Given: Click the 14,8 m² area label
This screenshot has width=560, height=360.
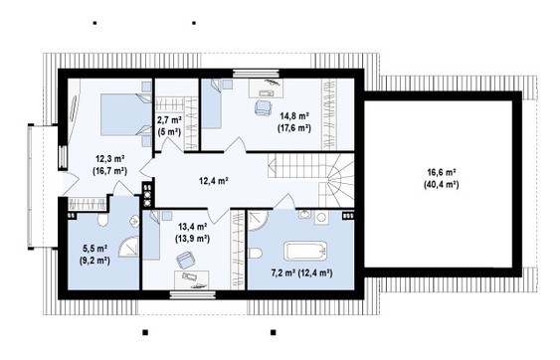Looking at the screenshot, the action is coord(294,115).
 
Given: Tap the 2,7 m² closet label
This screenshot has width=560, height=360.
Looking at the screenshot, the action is coord(169,119).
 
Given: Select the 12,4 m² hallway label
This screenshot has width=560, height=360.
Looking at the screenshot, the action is coord(214,181).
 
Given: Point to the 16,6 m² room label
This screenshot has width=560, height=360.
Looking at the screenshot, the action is coord(442,172).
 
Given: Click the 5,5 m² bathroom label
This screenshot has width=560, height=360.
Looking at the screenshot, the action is coord(94,248).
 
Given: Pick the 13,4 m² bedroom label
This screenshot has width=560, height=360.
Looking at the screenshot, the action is coord(193,227).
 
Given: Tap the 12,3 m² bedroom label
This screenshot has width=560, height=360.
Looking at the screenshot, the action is coord(109,158).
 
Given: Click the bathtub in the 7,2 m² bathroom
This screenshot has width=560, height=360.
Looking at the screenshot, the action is coord(305,251).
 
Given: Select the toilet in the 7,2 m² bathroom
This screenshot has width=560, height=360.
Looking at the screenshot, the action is coord(256,254).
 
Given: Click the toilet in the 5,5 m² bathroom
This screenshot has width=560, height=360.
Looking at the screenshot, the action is coord(102,220).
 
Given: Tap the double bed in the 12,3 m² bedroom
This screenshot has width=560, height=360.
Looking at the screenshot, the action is coord(126,114).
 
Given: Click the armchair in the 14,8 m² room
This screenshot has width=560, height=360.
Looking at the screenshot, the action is coord(264,107).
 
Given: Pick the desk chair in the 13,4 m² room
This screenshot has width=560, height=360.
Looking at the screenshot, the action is coord(186,260).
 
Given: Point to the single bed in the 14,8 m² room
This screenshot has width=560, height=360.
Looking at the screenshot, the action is coord(212,103).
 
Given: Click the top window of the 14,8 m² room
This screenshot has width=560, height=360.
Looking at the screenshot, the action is coord(256,73).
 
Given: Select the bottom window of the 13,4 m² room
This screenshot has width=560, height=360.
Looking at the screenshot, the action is coord(193,294).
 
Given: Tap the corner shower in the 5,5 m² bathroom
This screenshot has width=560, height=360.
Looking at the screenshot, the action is coord(129,247).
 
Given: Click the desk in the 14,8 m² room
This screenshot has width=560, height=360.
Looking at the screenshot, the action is coord(266,89).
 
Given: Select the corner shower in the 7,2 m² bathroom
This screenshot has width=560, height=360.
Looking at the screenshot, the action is coord(258,221).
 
